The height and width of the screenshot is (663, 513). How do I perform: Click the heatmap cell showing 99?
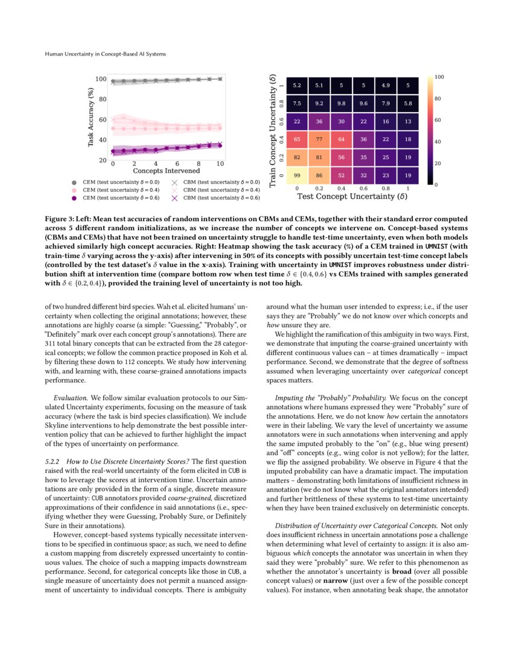pyautogui.click(x=297, y=175)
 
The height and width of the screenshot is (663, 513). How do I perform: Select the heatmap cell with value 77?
pyautogui.click(x=319, y=139)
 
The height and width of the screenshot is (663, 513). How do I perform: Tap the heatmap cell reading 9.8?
pyautogui.click(x=342, y=104)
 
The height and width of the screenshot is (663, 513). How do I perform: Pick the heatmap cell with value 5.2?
pyautogui.click(x=297, y=86)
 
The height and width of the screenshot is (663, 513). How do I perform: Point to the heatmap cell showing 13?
pyautogui.click(x=409, y=121)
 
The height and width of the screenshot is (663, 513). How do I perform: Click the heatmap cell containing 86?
pyautogui.click(x=319, y=175)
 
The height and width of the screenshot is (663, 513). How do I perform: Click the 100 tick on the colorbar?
pyautogui.click(x=439, y=77)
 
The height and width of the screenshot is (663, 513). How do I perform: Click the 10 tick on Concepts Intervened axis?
pyautogui.click(x=220, y=163)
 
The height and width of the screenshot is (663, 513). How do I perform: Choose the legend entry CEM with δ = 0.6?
pyautogui.click(x=121, y=197)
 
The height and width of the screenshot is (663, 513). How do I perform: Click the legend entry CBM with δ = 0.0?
pyautogui.click(x=221, y=181)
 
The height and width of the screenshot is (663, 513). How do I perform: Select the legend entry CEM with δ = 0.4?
pyautogui.click(x=121, y=189)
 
